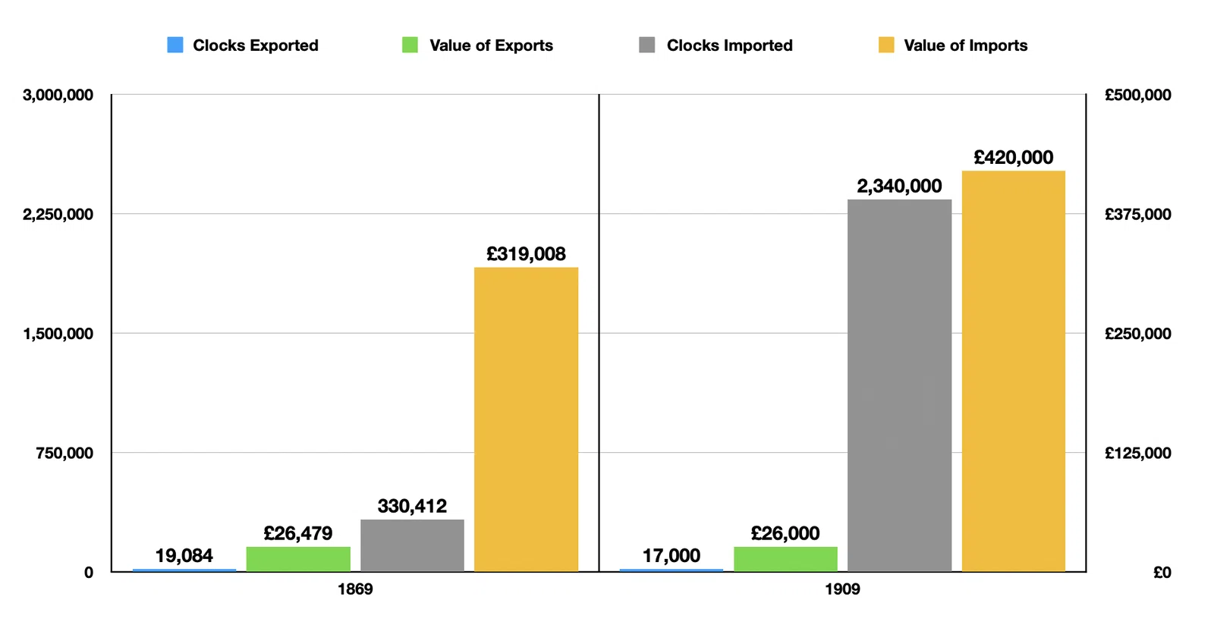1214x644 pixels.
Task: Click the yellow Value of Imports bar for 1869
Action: click(527, 419)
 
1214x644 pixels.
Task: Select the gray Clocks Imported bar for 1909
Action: click(900, 385)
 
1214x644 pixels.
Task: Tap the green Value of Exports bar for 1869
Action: click(298, 559)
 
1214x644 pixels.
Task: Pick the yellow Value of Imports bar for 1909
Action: click(1014, 371)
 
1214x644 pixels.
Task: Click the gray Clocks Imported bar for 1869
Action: click(413, 545)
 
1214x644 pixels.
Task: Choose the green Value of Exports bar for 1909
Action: click(785, 559)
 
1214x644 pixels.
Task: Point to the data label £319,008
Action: click(526, 254)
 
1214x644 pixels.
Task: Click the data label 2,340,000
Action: click(899, 187)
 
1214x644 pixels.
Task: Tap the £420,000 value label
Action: click(1014, 158)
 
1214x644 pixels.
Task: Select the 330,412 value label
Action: click(412, 507)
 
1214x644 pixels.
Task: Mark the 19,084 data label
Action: click(184, 556)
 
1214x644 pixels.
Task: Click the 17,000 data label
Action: click(671, 556)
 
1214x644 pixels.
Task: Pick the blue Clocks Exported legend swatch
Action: click(175, 45)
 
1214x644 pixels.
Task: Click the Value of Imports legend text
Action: click(965, 46)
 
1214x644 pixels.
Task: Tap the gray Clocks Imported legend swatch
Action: click(647, 45)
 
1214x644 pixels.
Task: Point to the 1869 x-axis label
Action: click(355, 589)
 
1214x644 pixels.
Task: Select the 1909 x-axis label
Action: click(842, 589)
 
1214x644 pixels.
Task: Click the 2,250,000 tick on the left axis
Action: click(58, 215)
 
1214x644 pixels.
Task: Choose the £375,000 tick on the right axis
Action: click(1138, 215)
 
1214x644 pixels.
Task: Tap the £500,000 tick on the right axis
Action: click(1138, 95)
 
